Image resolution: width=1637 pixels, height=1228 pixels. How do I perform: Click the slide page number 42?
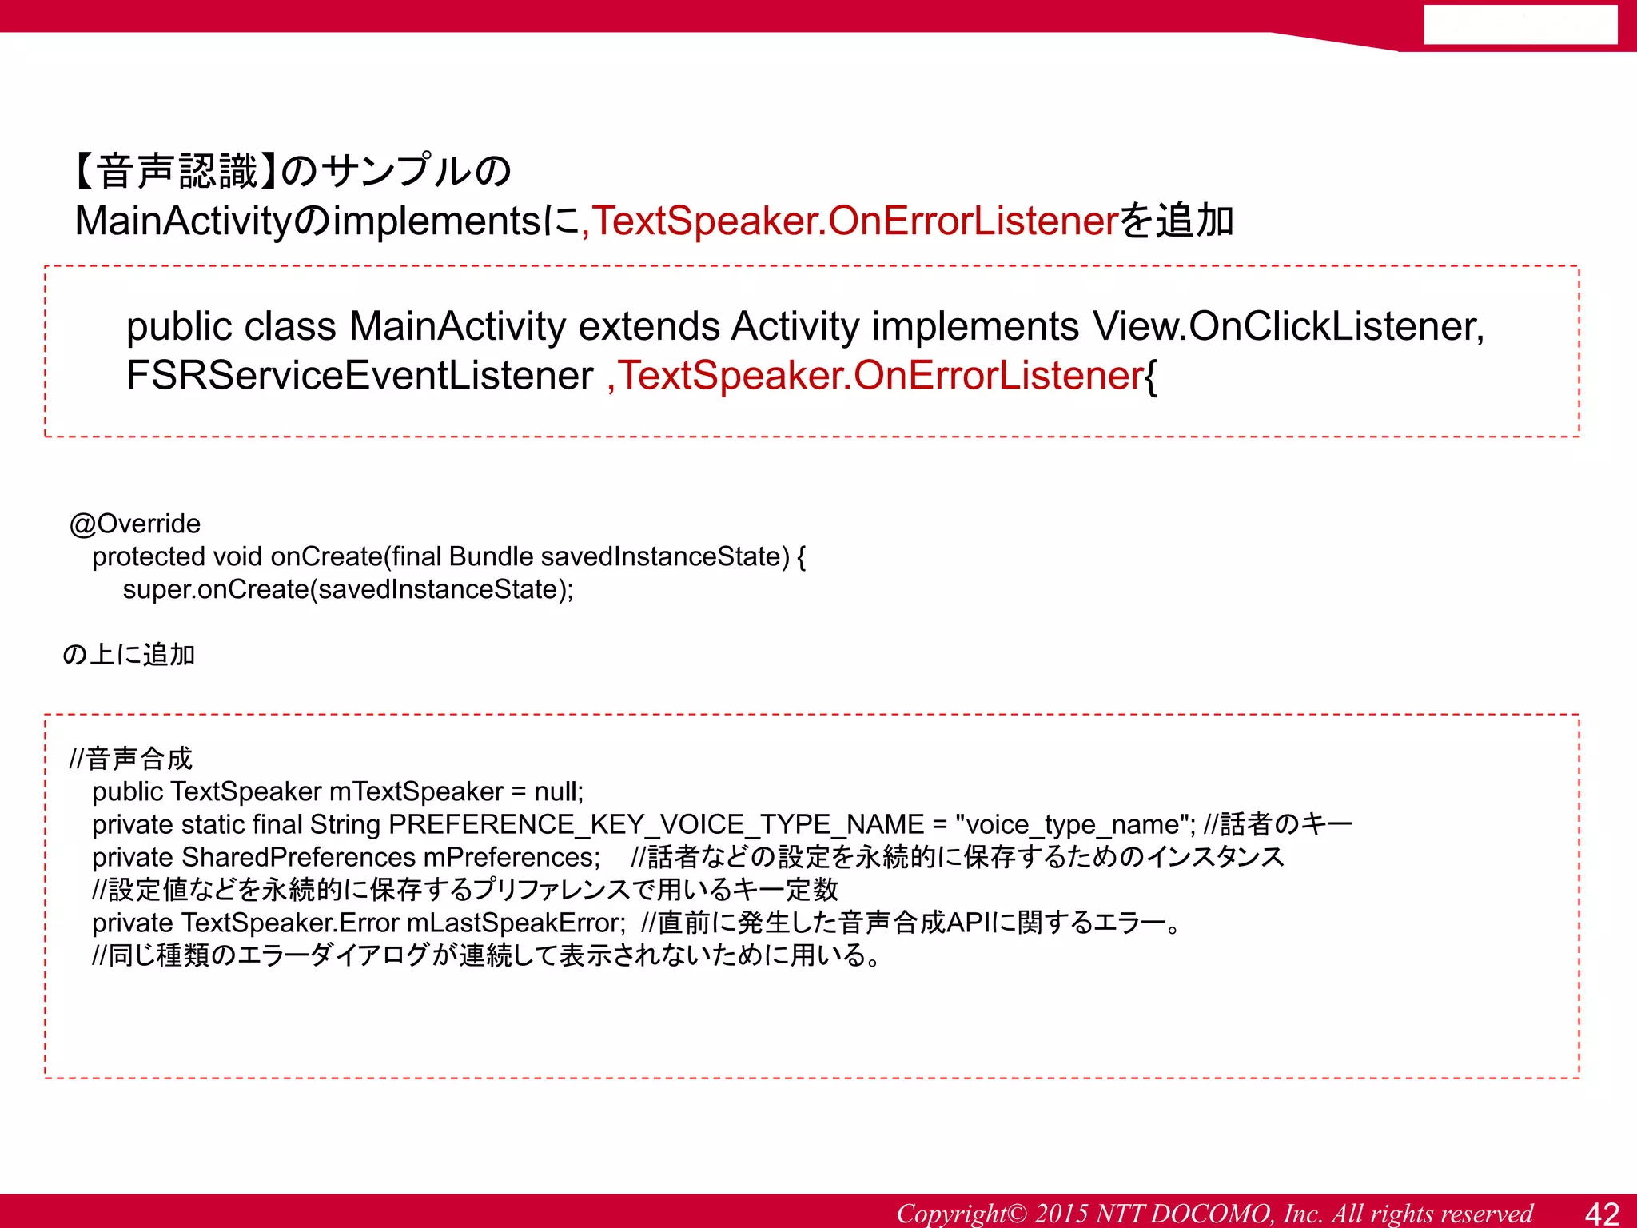tap(1601, 1213)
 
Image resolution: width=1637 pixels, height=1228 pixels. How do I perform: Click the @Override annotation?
tap(135, 524)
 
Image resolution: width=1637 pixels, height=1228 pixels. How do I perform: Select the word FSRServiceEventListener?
tap(360, 375)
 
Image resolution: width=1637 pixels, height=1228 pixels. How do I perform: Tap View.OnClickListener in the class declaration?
tap(1288, 326)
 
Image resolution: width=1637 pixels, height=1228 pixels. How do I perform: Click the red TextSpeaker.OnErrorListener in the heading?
tap(853, 221)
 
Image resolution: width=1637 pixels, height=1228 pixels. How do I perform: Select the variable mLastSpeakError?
tap(515, 923)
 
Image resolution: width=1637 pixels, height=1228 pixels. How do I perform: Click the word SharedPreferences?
tap(298, 857)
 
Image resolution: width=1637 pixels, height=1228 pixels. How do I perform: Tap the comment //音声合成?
tap(131, 758)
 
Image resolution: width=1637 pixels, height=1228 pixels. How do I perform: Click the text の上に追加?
tap(129, 655)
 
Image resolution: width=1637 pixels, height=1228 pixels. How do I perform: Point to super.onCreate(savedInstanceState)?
tap(348, 589)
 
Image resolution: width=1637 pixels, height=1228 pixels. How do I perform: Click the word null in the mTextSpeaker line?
tap(557, 791)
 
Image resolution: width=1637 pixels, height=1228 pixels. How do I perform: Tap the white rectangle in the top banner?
tap(1520, 25)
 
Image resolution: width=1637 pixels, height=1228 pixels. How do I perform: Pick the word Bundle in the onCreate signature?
tap(491, 556)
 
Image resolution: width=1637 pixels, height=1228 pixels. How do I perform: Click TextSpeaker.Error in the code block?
tap(290, 923)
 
